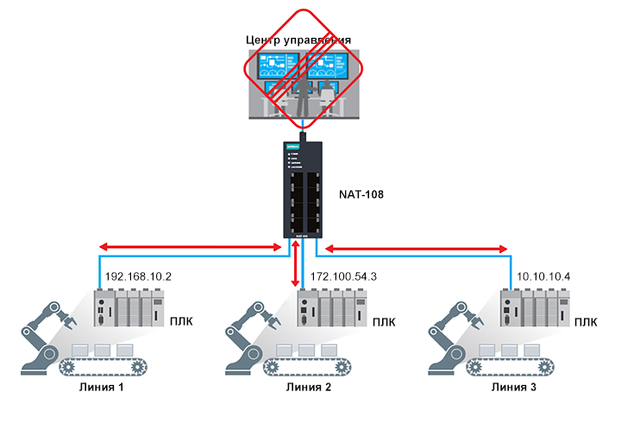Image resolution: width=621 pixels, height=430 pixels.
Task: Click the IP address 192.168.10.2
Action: [138, 277]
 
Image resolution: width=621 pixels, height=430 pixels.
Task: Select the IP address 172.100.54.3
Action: [342, 277]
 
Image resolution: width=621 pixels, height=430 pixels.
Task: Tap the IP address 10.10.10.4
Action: [543, 277]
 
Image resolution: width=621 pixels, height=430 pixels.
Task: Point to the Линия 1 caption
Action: [103, 388]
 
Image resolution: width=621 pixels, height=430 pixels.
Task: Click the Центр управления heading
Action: [298, 41]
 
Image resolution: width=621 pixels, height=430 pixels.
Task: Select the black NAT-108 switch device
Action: [304, 188]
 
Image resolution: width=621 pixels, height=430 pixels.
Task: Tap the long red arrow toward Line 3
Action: [415, 249]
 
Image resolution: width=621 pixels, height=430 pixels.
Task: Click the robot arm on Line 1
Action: [47, 328]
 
